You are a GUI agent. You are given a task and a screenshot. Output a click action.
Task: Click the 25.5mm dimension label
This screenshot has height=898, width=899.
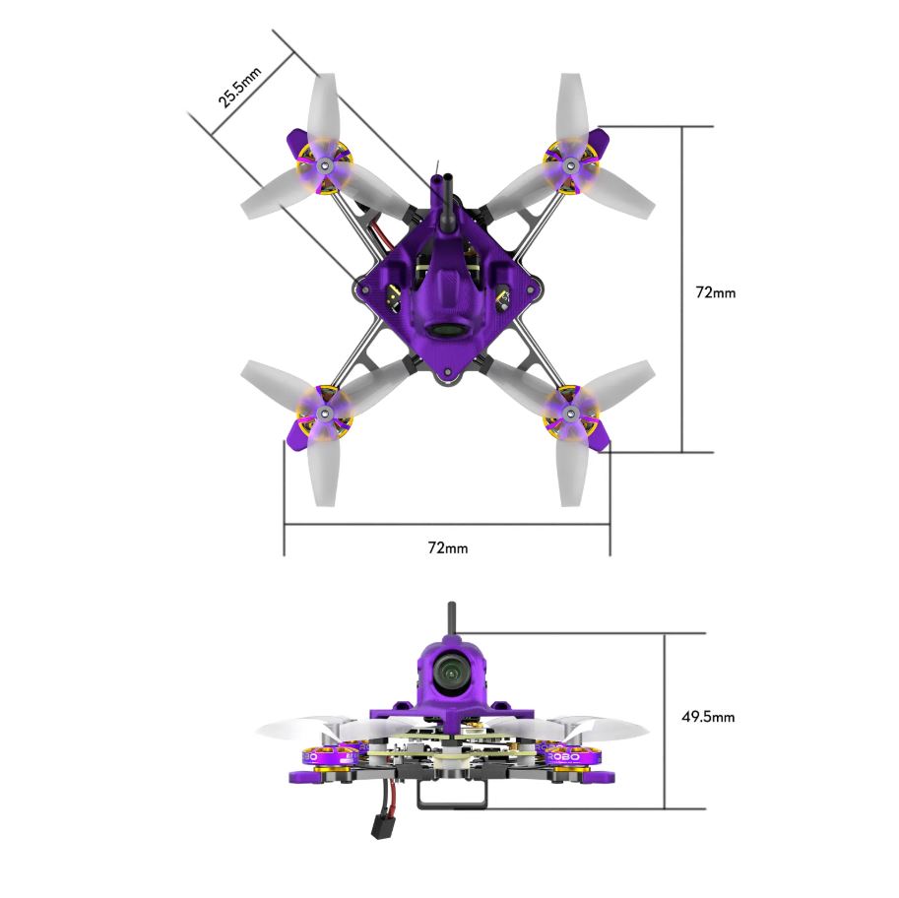[x=239, y=88]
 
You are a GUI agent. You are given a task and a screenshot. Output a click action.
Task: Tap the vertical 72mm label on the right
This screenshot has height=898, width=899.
[x=715, y=292]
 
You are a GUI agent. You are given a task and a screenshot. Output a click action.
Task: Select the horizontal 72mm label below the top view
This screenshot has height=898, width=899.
[x=448, y=547]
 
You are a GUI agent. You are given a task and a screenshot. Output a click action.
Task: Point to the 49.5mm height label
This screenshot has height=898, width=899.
[x=708, y=716]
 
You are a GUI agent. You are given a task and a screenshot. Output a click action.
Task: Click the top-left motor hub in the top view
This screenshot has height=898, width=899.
[x=325, y=165]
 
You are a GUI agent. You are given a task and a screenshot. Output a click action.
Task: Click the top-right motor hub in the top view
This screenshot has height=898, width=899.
[x=570, y=166]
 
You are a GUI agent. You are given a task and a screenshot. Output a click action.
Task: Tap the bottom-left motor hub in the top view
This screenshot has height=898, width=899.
[x=325, y=413]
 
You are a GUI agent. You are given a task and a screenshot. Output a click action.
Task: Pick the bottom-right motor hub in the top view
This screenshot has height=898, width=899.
[x=570, y=413]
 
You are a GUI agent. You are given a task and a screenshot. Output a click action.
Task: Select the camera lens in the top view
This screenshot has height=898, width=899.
[x=448, y=331]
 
